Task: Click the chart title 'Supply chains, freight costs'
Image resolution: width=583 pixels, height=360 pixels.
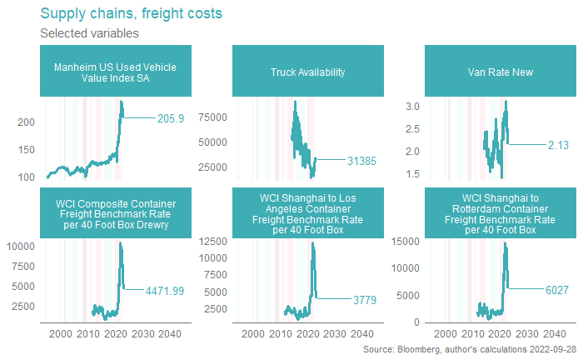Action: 131,14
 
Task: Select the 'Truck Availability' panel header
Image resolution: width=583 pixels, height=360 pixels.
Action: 308,72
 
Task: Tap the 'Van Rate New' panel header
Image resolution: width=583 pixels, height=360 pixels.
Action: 501,72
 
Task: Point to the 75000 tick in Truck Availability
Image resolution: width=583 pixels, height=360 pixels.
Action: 213,117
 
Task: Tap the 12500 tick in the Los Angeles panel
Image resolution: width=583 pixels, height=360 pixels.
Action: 213,242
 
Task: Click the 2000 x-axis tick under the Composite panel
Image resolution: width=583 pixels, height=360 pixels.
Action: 61,335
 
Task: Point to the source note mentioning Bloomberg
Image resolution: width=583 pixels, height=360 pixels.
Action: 470,351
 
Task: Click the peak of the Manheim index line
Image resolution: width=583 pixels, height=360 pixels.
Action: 122,102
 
